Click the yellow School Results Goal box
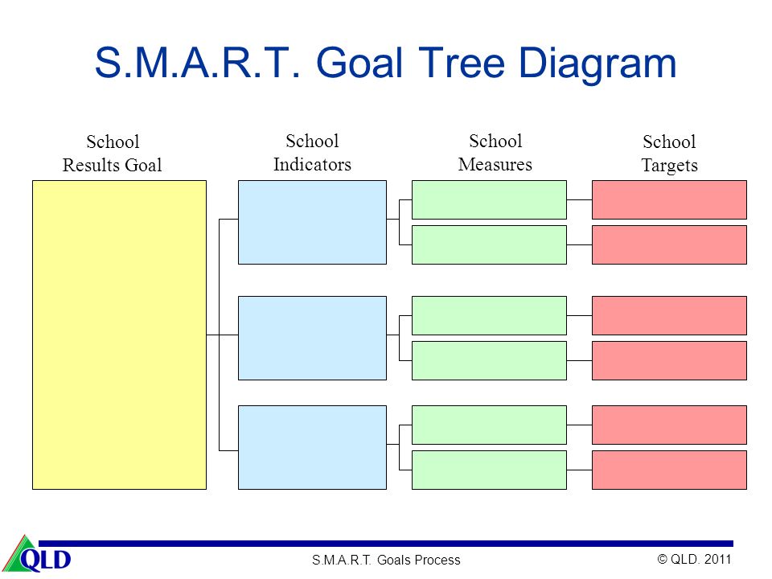(x=119, y=335)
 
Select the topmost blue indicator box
(x=312, y=222)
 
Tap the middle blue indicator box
(x=312, y=338)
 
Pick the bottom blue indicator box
(x=312, y=447)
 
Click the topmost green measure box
(x=489, y=199)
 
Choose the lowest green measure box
(x=489, y=470)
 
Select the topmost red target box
(x=669, y=199)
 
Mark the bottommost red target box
(x=669, y=470)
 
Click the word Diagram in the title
(x=597, y=64)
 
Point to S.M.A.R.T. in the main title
(x=197, y=63)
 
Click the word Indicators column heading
(x=312, y=164)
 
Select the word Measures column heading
(x=495, y=164)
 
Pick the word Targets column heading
(x=670, y=166)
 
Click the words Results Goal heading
(x=113, y=165)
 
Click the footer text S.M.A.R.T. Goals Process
(x=386, y=560)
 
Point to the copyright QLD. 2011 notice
(x=694, y=559)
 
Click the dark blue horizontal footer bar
(x=386, y=544)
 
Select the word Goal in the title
(x=359, y=63)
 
